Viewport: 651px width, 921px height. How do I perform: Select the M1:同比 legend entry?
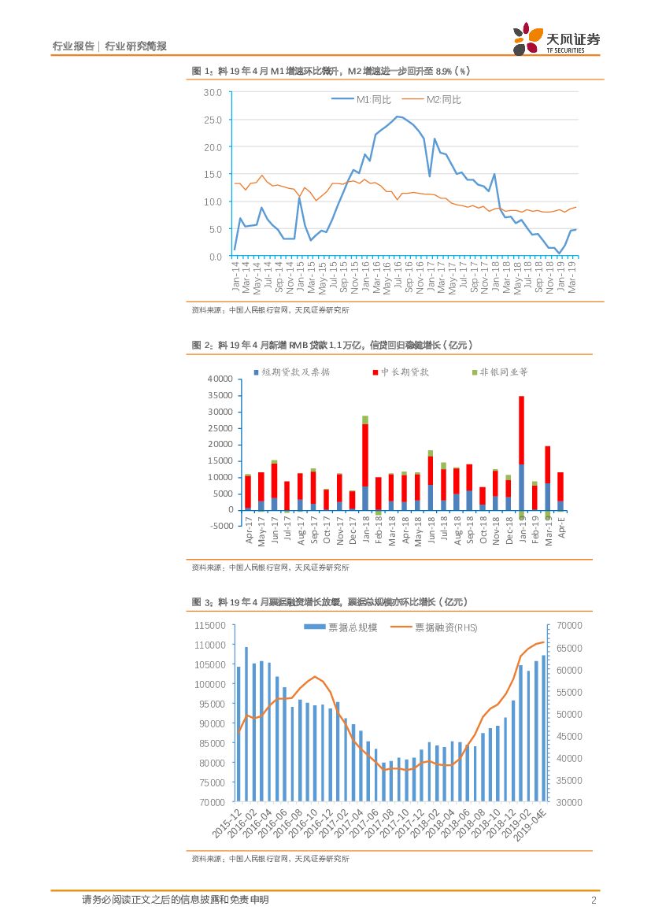click(x=369, y=99)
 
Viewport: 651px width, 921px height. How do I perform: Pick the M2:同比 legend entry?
click(x=440, y=99)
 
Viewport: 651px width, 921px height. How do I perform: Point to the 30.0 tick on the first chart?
click(x=212, y=92)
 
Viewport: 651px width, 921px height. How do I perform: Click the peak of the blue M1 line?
click(x=398, y=117)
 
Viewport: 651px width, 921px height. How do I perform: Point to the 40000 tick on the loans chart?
click(x=219, y=379)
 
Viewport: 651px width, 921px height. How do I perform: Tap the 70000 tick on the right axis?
click(x=569, y=625)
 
